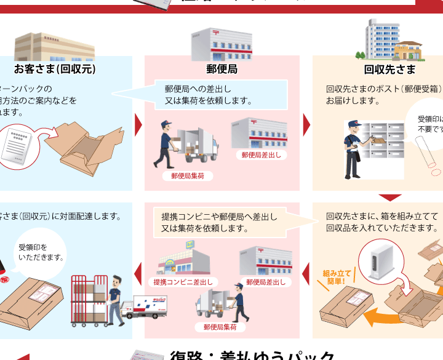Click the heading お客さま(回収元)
coord(55,69)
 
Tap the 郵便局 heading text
coord(222,69)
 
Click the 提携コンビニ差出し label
coord(183,282)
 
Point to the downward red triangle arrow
coord(390,198)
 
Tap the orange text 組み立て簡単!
coord(337,276)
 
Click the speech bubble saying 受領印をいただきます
coord(41,252)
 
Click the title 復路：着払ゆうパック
coord(252,356)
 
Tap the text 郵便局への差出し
coord(198,88)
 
